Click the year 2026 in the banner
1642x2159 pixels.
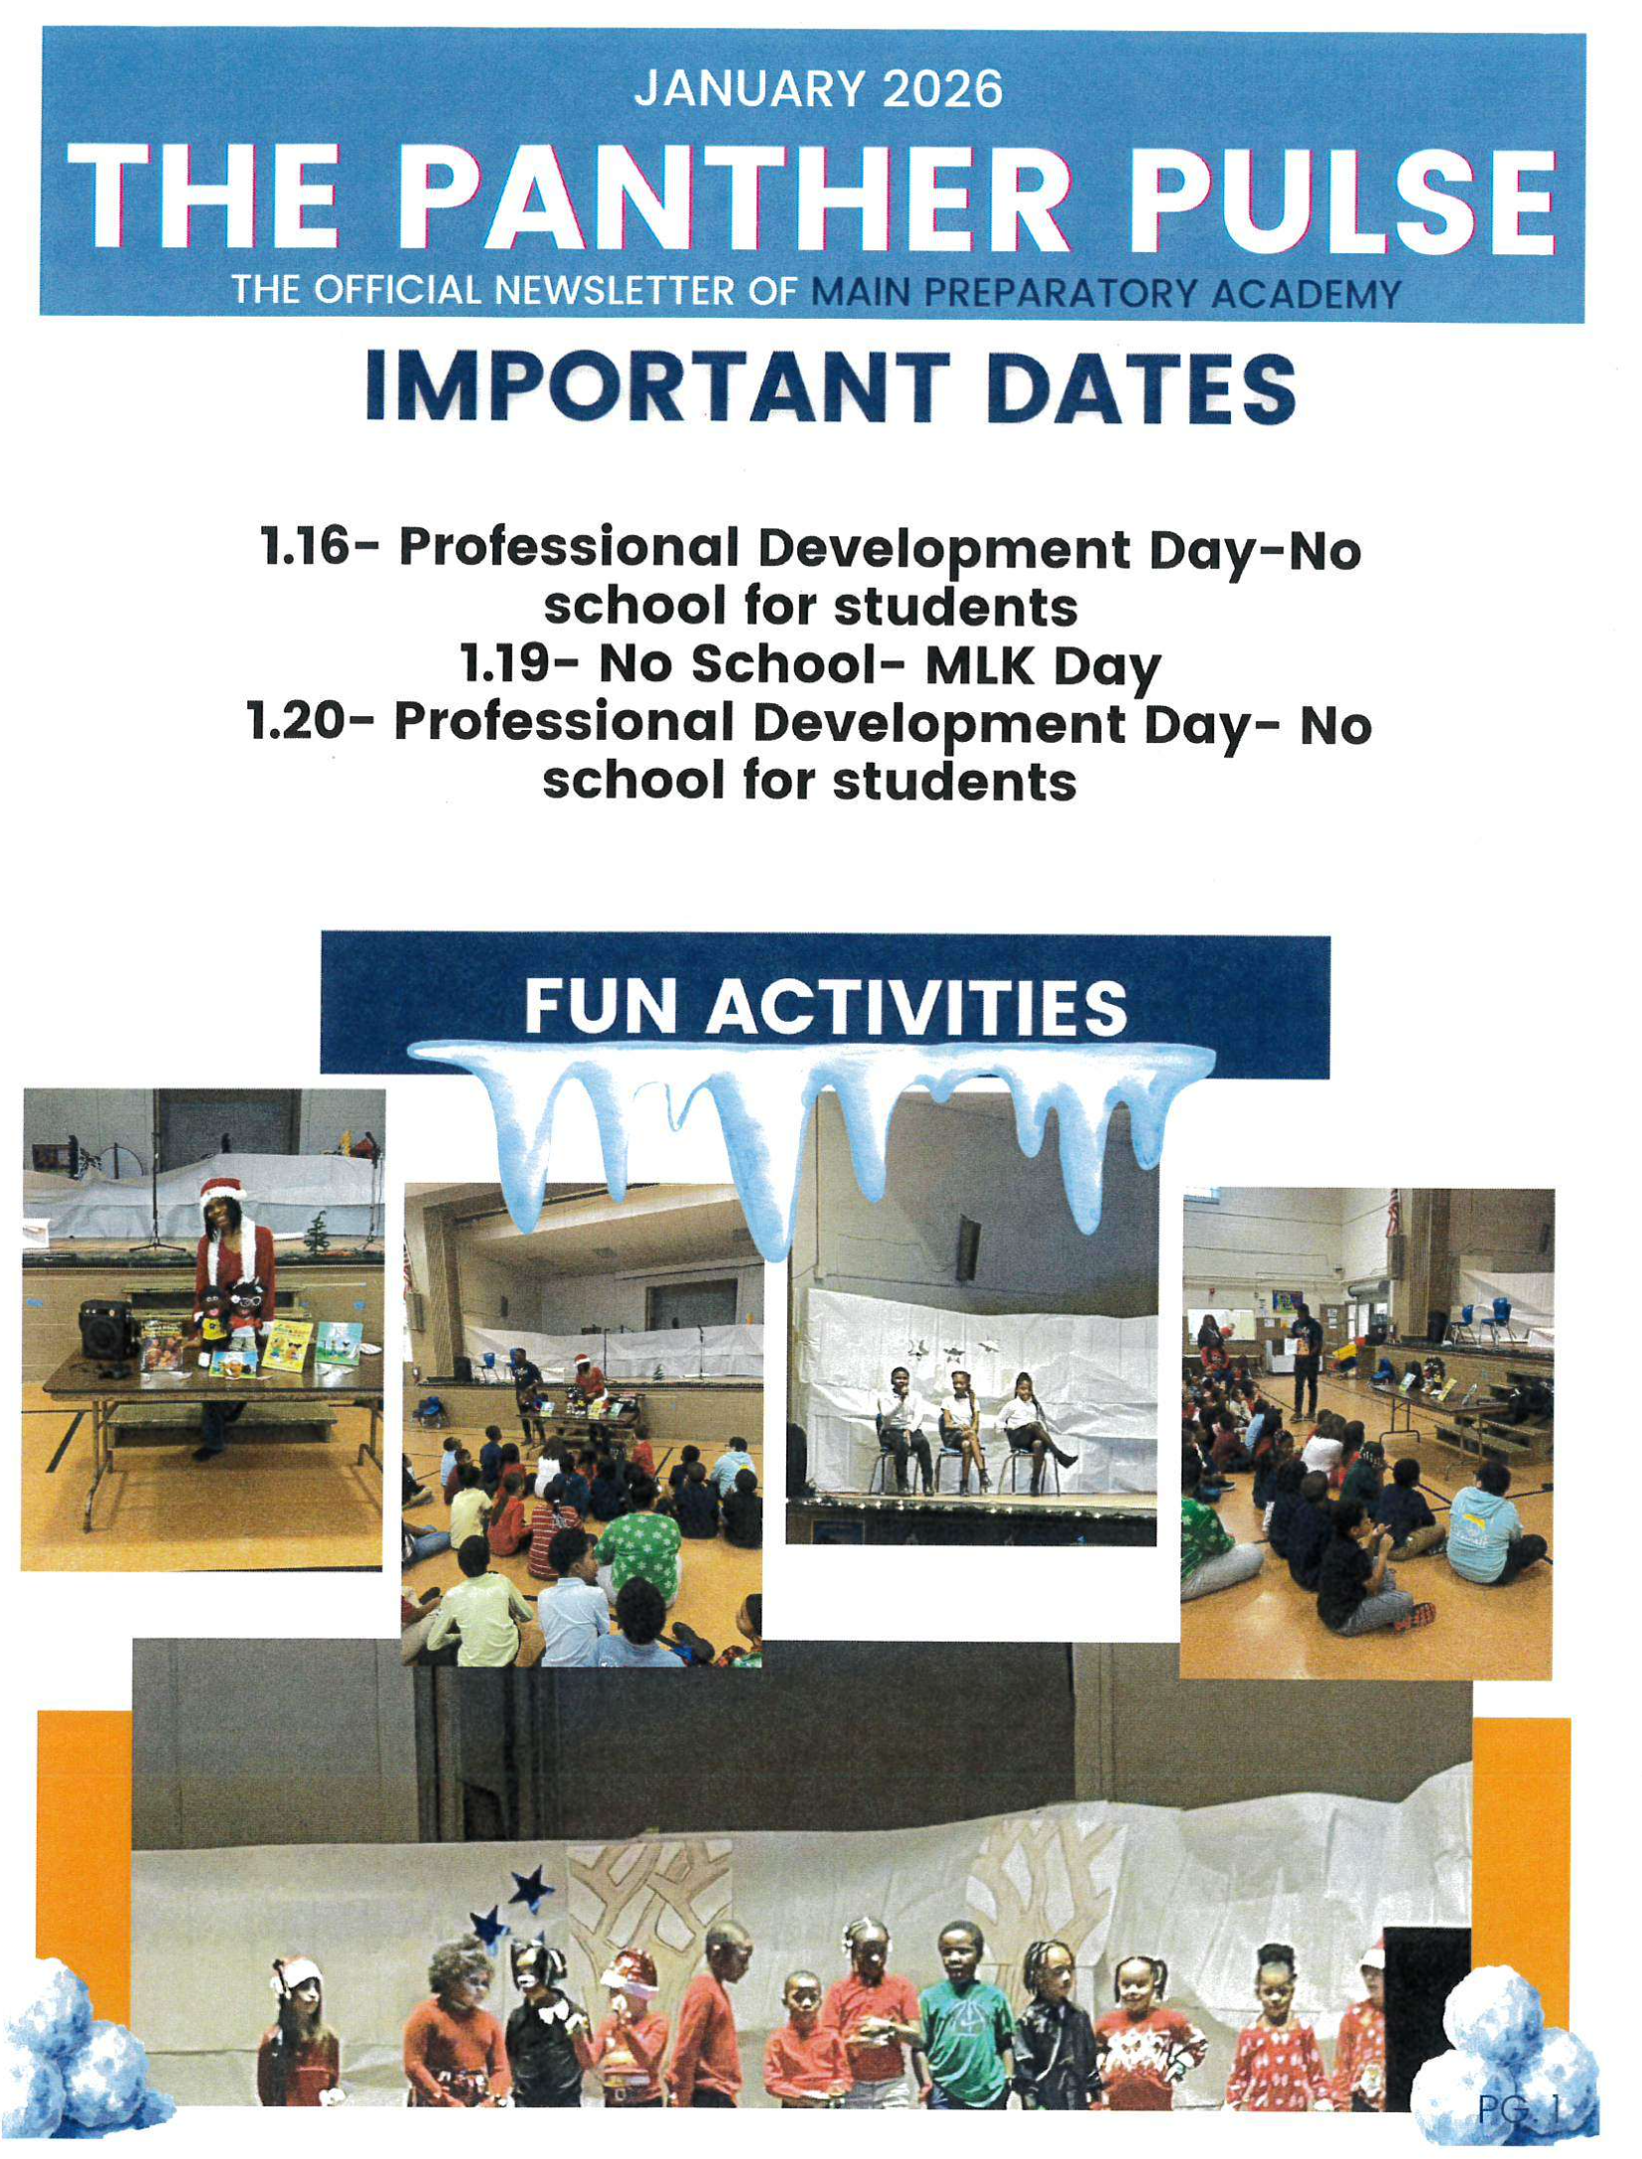click(941, 89)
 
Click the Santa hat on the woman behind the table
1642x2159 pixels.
click(222, 1189)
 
